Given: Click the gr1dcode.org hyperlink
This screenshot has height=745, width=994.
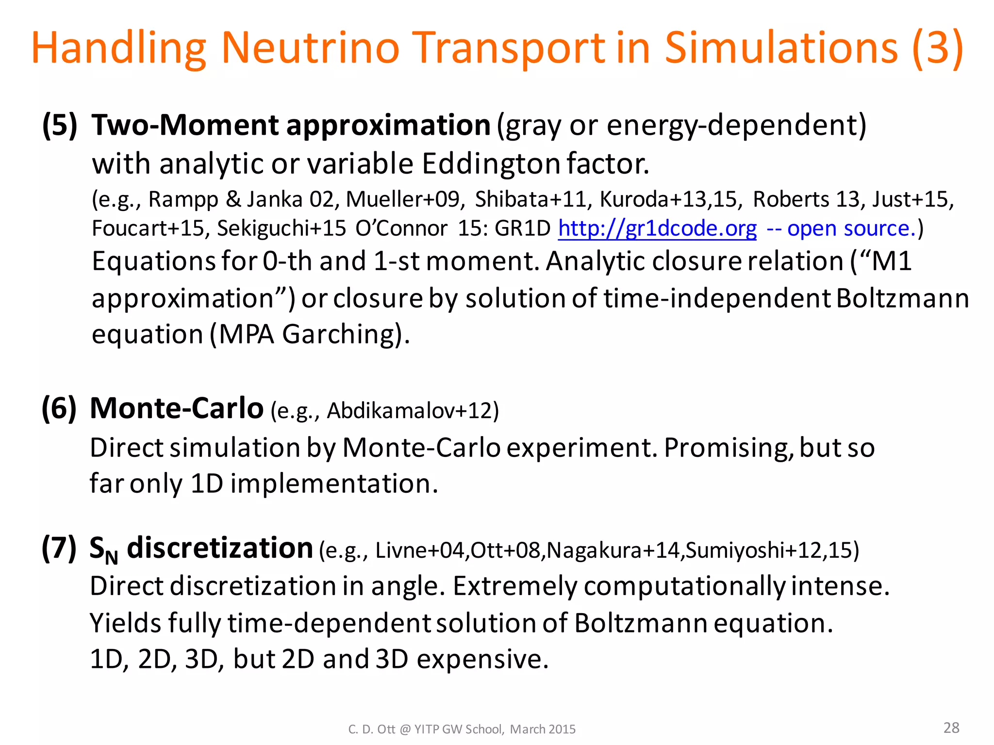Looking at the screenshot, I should coord(657,228).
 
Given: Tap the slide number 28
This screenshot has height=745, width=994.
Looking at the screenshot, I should coord(951,728).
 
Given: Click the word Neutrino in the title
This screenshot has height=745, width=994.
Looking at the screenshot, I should coord(310,48).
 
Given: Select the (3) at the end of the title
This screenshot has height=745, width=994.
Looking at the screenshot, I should coord(938,48).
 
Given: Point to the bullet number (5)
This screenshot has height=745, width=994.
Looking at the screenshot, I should coord(60,125).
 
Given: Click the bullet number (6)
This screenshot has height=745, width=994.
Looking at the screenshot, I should coord(59,408).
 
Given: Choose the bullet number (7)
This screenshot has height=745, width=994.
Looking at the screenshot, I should coord(59,548).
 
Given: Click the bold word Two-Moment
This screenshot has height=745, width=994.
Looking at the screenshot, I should coord(185,125).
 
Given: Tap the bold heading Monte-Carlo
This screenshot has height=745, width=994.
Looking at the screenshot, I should coord(177,408).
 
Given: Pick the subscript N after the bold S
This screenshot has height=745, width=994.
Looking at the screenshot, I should coord(112,558).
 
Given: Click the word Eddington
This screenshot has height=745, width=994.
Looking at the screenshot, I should coord(490,164).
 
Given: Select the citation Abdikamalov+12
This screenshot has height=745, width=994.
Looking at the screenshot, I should coord(410,411).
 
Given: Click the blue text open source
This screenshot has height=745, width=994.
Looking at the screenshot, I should coord(851,228).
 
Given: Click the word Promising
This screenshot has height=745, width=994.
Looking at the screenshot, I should coord(728,447).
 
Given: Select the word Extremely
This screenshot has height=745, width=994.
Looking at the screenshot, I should coord(515,586).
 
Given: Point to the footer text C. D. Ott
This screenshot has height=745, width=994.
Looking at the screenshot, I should coord(371,729).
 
